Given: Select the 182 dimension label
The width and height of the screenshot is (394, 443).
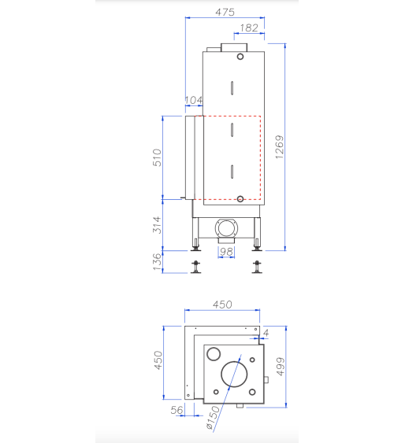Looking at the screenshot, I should pos(247,28).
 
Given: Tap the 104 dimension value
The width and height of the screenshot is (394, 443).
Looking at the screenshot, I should pos(193,100).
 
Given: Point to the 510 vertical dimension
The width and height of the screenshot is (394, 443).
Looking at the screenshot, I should pos(157,157).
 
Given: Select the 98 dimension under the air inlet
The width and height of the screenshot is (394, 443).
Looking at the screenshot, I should pos(226,252).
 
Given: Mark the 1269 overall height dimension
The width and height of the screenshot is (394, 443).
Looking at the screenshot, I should pos(280,148).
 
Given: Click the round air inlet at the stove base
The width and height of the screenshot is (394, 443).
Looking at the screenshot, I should pos(227,229).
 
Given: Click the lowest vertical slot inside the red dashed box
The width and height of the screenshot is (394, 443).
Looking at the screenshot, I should pos(232,171).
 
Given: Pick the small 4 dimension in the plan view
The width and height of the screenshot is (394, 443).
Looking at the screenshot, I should pos(266,334).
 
